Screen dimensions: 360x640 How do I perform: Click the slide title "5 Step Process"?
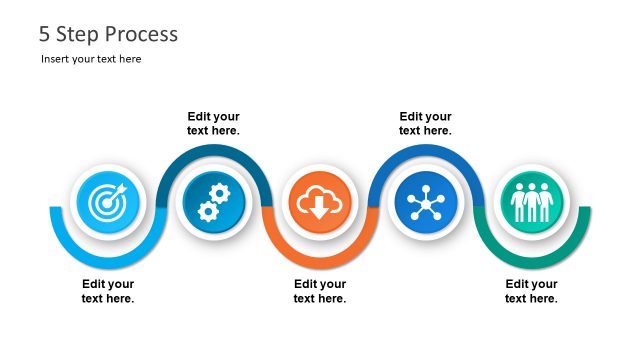click(x=108, y=34)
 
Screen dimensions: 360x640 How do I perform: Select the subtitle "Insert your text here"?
click(x=91, y=59)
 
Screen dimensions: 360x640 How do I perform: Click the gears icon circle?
click(x=212, y=203)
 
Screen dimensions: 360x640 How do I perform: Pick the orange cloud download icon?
click(x=319, y=203)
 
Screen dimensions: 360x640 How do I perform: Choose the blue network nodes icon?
click(x=425, y=203)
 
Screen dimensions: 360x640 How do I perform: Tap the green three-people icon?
click(x=532, y=203)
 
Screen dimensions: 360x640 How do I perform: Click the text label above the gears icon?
click(x=213, y=123)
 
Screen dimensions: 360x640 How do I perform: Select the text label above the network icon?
click(x=425, y=123)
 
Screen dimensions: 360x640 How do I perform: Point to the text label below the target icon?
click(x=108, y=291)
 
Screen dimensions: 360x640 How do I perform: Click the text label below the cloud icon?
click(x=320, y=291)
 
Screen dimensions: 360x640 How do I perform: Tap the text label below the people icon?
click(x=531, y=291)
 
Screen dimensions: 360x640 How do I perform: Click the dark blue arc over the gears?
click(x=212, y=150)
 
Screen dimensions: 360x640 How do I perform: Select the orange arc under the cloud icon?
click(x=319, y=257)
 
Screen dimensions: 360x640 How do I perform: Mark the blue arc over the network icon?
click(x=425, y=150)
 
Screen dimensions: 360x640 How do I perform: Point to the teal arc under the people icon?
click(x=532, y=257)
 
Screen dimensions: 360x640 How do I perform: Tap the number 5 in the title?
click(x=44, y=34)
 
